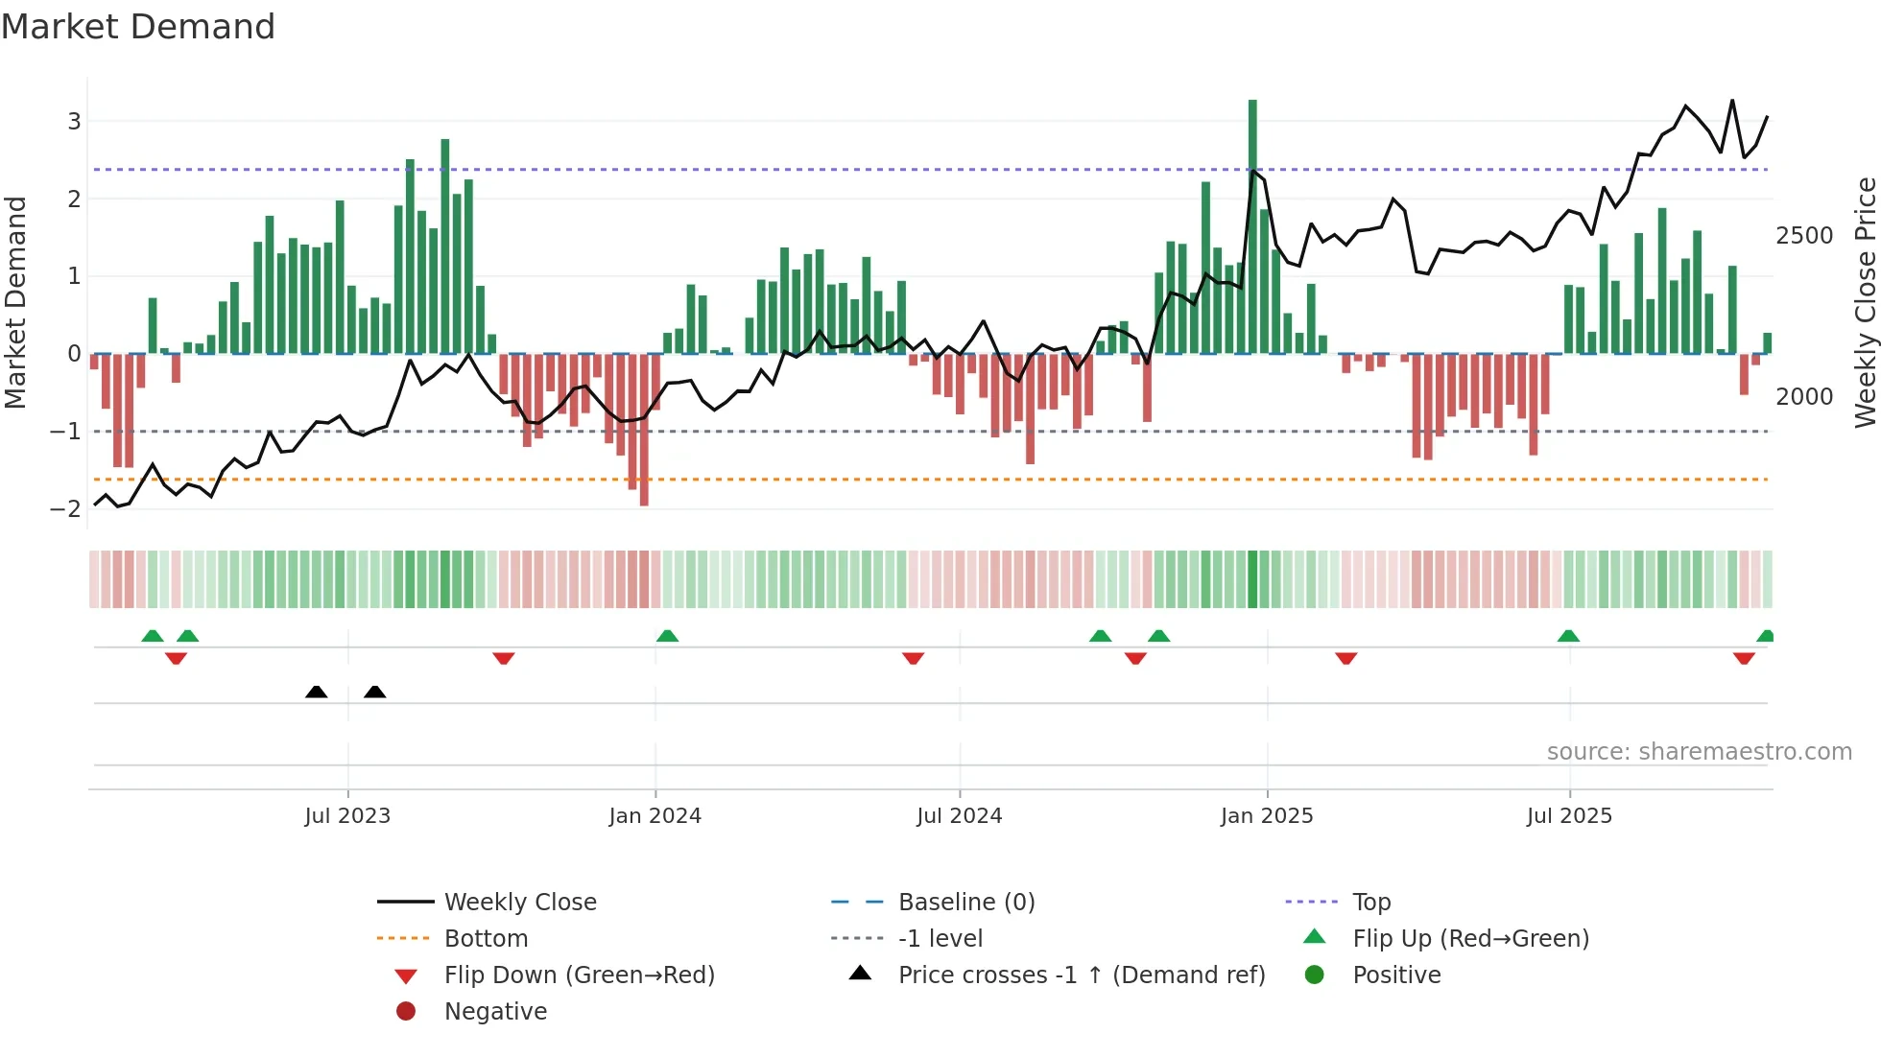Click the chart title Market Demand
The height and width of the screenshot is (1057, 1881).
(x=138, y=27)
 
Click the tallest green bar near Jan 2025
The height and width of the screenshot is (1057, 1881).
(x=1252, y=225)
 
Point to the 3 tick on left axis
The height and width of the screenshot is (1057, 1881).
(x=74, y=122)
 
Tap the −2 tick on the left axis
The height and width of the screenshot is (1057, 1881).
(x=66, y=509)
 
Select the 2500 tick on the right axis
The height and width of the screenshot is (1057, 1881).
(x=1804, y=236)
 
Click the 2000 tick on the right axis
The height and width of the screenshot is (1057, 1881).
(x=1804, y=397)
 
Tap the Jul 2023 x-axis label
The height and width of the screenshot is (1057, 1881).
(x=347, y=816)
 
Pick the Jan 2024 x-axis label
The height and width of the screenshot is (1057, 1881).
(x=655, y=816)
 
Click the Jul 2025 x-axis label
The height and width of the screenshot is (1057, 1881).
(x=1569, y=816)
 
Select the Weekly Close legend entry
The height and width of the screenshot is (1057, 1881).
(x=519, y=903)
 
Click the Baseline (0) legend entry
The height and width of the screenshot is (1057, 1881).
(x=965, y=903)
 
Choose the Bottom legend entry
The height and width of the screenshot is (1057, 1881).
(x=486, y=939)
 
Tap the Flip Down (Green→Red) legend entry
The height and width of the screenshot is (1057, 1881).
(x=579, y=975)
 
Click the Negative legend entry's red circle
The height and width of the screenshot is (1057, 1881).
(x=406, y=1012)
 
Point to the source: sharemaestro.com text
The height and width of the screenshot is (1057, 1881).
(x=1699, y=752)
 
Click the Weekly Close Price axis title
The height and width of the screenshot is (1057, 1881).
(x=1865, y=302)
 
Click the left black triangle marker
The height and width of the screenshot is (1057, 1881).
(x=316, y=692)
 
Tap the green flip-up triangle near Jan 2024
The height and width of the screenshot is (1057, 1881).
(x=667, y=636)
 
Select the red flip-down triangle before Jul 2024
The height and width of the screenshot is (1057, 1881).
(x=913, y=658)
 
